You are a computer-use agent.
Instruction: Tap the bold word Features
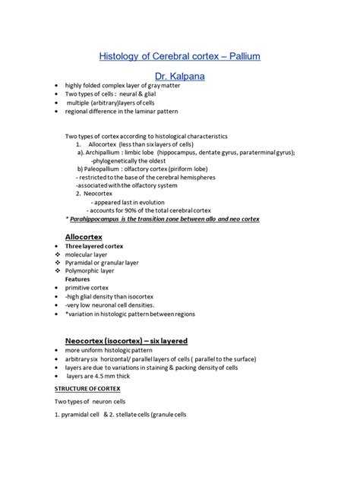click(80, 279)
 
